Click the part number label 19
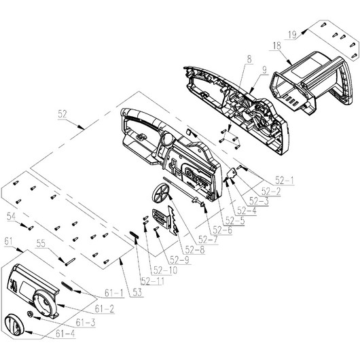(x=291, y=33)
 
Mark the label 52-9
(x=179, y=259)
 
